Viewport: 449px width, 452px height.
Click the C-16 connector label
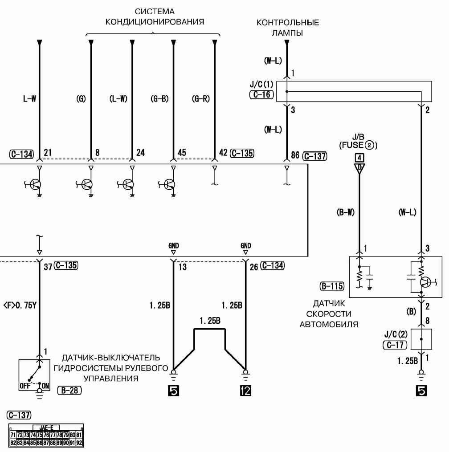click(261, 95)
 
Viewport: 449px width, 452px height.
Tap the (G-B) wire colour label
click(159, 99)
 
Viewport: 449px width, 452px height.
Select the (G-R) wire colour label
click(201, 99)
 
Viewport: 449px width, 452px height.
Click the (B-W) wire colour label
click(345, 212)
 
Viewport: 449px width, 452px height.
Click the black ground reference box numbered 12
click(245, 391)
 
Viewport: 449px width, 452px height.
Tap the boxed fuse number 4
click(359, 157)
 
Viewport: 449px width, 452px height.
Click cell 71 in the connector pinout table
click(13, 434)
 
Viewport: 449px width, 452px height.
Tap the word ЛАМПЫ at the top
click(288, 32)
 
